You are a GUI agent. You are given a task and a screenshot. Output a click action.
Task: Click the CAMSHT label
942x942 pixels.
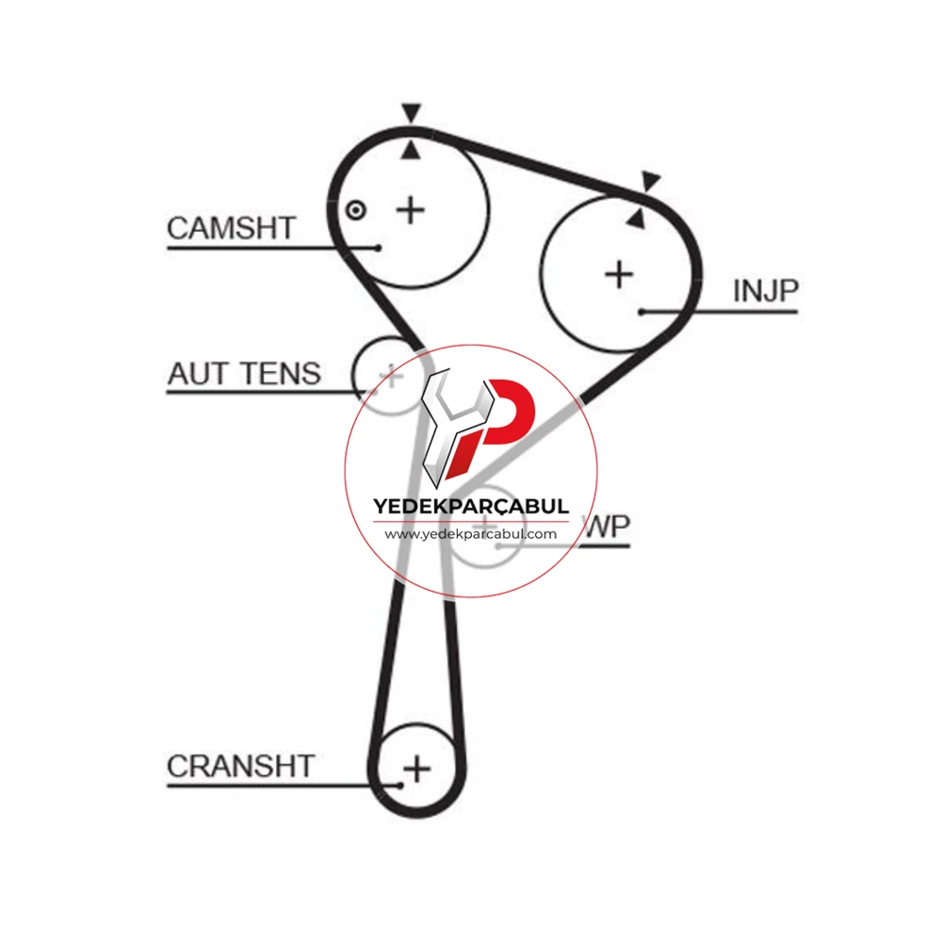[232, 228]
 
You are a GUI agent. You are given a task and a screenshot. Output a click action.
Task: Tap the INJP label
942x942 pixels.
[766, 291]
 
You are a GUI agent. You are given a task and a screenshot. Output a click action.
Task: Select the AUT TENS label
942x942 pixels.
[245, 374]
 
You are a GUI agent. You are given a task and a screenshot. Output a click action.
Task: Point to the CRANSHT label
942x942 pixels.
[241, 766]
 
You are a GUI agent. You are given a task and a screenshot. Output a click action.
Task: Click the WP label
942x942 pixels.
[608, 528]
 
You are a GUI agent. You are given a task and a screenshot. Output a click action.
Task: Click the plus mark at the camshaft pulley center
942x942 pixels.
[411, 210]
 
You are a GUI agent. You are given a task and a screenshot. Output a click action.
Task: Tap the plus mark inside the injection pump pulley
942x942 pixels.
[619, 275]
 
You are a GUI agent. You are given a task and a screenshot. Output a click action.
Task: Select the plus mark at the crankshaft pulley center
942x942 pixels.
[417, 769]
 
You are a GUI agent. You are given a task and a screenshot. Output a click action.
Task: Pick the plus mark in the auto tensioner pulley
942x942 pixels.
[391, 377]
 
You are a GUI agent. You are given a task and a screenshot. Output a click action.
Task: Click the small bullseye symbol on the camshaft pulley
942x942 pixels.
[356, 210]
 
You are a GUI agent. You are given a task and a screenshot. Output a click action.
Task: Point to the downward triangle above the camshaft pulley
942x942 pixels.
[412, 113]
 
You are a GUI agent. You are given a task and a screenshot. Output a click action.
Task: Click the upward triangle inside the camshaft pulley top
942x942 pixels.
[411, 150]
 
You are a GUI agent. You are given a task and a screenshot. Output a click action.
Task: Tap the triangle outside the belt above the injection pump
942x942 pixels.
[650, 180]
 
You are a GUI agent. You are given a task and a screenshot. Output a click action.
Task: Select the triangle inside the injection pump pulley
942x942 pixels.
[636, 219]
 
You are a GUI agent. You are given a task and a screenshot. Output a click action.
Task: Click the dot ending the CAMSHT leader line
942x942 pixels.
[379, 248]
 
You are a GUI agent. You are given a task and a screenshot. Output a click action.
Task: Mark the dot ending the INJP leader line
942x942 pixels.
[642, 312]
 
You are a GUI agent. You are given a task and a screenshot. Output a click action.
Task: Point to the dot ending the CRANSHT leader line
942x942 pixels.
[399, 786]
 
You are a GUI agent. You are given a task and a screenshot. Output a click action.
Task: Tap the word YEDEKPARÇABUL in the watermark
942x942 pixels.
[471, 507]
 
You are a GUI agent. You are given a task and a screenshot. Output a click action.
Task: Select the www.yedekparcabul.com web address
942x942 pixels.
[471, 534]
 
